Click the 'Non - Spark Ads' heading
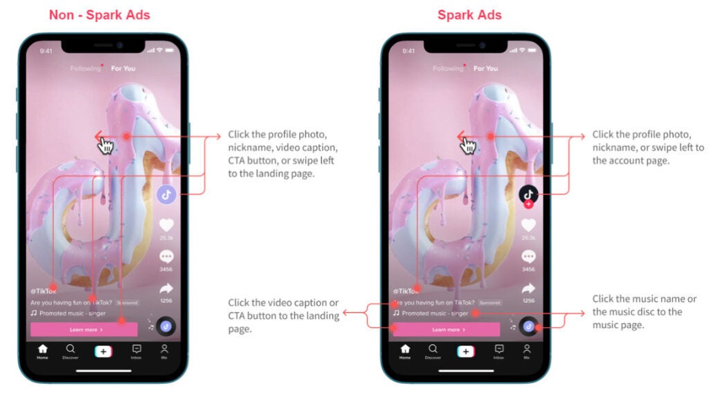pos(100,15)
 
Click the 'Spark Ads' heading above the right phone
pos(469,15)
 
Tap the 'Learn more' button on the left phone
pos(83,330)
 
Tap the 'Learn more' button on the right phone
pos(446,330)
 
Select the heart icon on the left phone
pos(166,225)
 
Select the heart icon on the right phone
pos(529,225)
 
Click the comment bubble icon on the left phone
pos(166,257)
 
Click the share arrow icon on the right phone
pos(529,289)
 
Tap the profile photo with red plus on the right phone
pos(529,194)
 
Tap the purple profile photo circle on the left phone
pos(166,194)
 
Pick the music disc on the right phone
pos(529,326)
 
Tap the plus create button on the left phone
pos(103,351)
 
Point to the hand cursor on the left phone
pos(106,145)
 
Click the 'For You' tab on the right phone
pos(486,68)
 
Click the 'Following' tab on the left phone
pos(84,68)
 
